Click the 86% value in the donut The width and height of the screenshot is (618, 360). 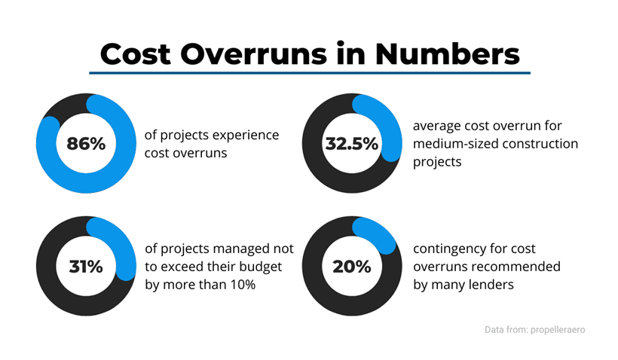[86, 143]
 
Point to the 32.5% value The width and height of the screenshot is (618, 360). [351, 143]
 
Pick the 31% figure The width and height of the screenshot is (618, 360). [86, 266]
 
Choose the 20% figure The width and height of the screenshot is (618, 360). [351, 266]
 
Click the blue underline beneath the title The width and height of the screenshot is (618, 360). [309, 73]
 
